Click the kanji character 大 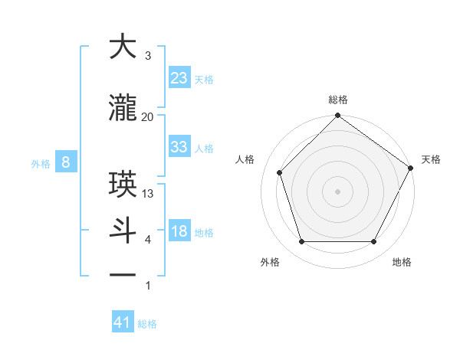tap(122, 47)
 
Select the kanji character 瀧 tap(122, 108)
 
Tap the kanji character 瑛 tap(122, 185)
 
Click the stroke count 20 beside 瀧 tap(148, 116)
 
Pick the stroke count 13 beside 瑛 tap(148, 193)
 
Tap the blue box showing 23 tap(179, 78)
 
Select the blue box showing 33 tap(179, 147)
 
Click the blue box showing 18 tap(179, 231)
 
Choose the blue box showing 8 tap(66, 162)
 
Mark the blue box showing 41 tap(123, 322)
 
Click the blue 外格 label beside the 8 tap(41, 163)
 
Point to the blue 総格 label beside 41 tap(147, 324)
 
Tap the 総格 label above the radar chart tap(337, 100)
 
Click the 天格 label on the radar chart tap(431, 159)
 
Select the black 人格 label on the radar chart tap(245, 159)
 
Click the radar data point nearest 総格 tap(337, 116)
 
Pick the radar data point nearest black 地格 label tap(374, 242)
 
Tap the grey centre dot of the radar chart tap(337, 191)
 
